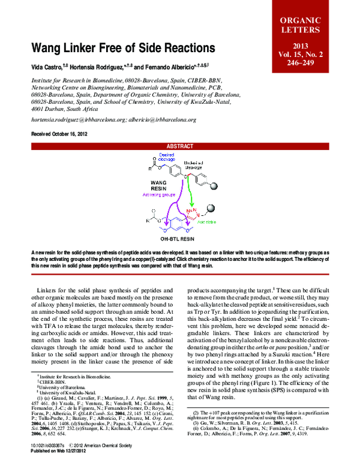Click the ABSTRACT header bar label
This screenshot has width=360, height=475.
tap(180, 146)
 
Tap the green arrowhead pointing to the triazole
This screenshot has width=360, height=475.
tap(193, 205)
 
